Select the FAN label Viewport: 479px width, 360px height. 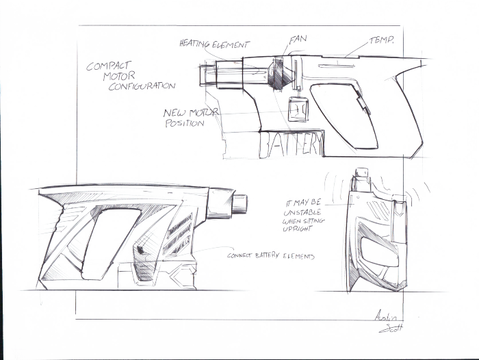pyautogui.click(x=297, y=40)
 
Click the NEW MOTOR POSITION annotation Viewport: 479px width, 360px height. pyautogui.click(x=185, y=118)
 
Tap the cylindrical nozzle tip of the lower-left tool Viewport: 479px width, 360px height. pyautogui.click(x=239, y=203)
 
